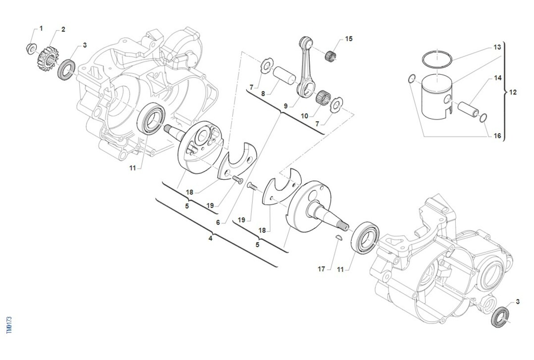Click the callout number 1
pyautogui.click(x=41, y=28)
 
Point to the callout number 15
pyautogui.click(x=348, y=39)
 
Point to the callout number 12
pyautogui.click(x=513, y=93)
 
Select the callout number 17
pyautogui.click(x=321, y=269)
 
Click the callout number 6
pyautogui.click(x=218, y=222)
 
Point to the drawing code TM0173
pyautogui.click(x=9, y=326)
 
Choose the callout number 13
pyautogui.click(x=497, y=47)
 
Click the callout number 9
pyautogui.click(x=286, y=107)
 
